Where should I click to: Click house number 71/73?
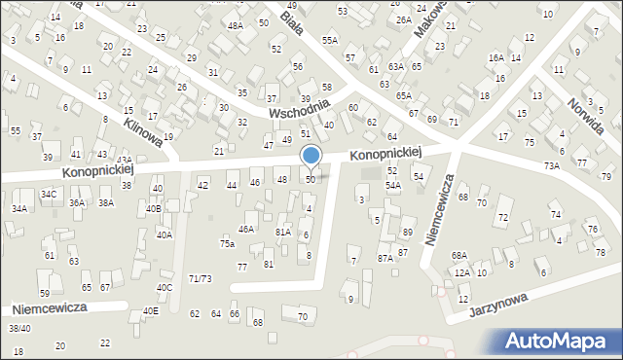click(201, 279)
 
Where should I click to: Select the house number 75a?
click(227, 244)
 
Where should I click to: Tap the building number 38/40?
click(19, 329)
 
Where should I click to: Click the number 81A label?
click(283, 233)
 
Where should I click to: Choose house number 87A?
click(385, 258)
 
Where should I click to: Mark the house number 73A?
click(552, 166)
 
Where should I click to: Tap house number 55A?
click(330, 40)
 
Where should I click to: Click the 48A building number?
click(236, 26)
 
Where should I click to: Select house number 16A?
click(496, 58)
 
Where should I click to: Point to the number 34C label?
click(49, 195)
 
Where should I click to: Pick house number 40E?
click(150, 311)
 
